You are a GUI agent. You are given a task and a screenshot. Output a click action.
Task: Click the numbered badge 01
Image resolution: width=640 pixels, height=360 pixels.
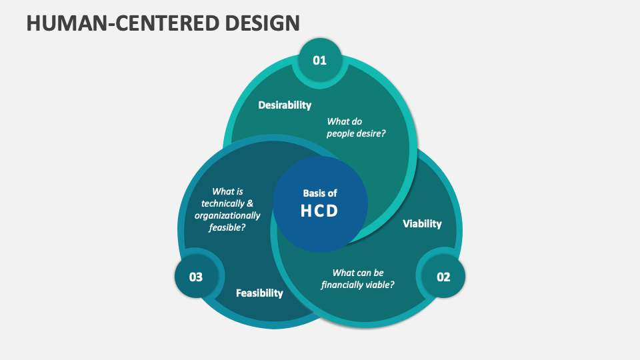click(x=320, y=61)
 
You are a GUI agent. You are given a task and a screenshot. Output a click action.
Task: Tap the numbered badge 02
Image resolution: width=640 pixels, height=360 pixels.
click(x=443, y=277)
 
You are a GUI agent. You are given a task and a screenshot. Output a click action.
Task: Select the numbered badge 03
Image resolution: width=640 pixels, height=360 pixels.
click(x=196, y=277)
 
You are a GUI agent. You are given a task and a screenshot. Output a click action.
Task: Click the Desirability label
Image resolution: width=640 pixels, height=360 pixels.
click(x=285, y=105)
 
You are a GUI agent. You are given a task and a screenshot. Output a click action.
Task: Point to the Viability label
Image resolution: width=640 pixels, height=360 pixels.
click(x=422, y=224)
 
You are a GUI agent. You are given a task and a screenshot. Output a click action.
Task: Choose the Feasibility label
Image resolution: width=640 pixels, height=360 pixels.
click(x=259, y=293)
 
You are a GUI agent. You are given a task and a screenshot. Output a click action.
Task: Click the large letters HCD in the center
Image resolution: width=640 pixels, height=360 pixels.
click(x=320, y=211)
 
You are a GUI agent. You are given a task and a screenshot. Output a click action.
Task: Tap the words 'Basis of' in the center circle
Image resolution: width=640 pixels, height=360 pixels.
click(x=320, y=193)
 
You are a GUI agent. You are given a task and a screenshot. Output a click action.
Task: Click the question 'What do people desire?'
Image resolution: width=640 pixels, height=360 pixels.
click(x=357, y=127)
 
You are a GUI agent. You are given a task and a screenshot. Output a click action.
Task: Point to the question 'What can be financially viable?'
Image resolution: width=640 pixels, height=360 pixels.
click(x=358, y=279)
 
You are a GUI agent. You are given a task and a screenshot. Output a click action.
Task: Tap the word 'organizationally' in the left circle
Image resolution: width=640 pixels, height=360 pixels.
click(x=227, y=215)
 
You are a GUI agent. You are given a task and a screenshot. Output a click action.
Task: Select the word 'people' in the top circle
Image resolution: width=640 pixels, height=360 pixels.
click(x=341, y=133)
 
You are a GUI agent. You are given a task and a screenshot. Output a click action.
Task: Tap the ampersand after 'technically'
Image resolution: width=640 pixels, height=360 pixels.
click(x=250, y=203)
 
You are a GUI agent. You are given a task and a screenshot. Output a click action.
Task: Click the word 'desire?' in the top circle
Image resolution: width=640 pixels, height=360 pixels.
click(x=373, y=133)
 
